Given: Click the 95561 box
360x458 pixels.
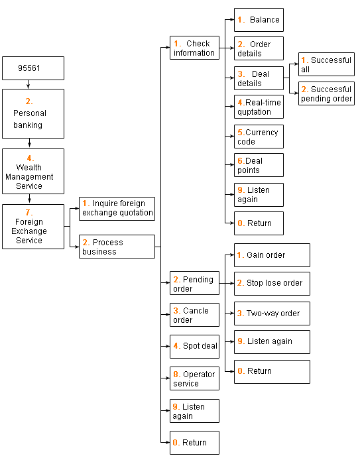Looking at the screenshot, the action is pos(33,68).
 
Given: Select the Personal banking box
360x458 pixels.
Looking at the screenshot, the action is pos(33,113).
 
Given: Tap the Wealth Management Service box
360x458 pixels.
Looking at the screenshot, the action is pos(33,172).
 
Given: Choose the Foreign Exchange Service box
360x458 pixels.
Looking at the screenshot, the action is pos(33,227).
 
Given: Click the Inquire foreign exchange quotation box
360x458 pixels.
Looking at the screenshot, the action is pos(117,209).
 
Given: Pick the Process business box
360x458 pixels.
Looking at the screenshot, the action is pos(117,247).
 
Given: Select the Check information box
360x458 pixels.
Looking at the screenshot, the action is pos(195,48).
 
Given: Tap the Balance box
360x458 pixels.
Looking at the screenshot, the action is pos(259,20).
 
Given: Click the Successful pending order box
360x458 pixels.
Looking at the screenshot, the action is pos(326,93).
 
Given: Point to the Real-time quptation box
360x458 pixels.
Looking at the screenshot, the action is pos(259,107).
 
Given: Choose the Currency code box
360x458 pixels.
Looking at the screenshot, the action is pos(259,137).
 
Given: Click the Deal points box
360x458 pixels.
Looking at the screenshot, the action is pos(259,165).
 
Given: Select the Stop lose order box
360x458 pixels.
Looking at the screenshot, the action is pos(272,284).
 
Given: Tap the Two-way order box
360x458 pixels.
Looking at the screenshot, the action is pos(272,314).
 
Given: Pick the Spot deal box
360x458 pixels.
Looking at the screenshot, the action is pos(195,347).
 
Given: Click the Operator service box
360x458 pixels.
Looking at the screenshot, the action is pos(195,378).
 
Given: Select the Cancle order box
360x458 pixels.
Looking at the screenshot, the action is pos(195,315).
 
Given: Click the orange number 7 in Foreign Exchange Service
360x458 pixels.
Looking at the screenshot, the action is pos(29,212).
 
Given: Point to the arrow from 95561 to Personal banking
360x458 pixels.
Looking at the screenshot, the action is pos(29,84).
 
